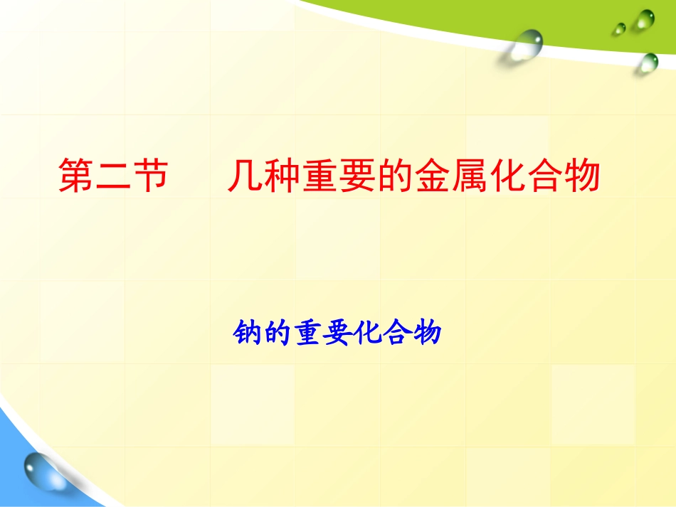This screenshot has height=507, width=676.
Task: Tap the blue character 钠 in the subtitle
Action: [246, 333]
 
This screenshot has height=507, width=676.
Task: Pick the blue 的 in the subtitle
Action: [275, 333]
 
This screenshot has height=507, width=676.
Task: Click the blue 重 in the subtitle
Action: [303, 333]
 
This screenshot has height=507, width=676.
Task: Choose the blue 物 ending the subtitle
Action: [427, 333]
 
